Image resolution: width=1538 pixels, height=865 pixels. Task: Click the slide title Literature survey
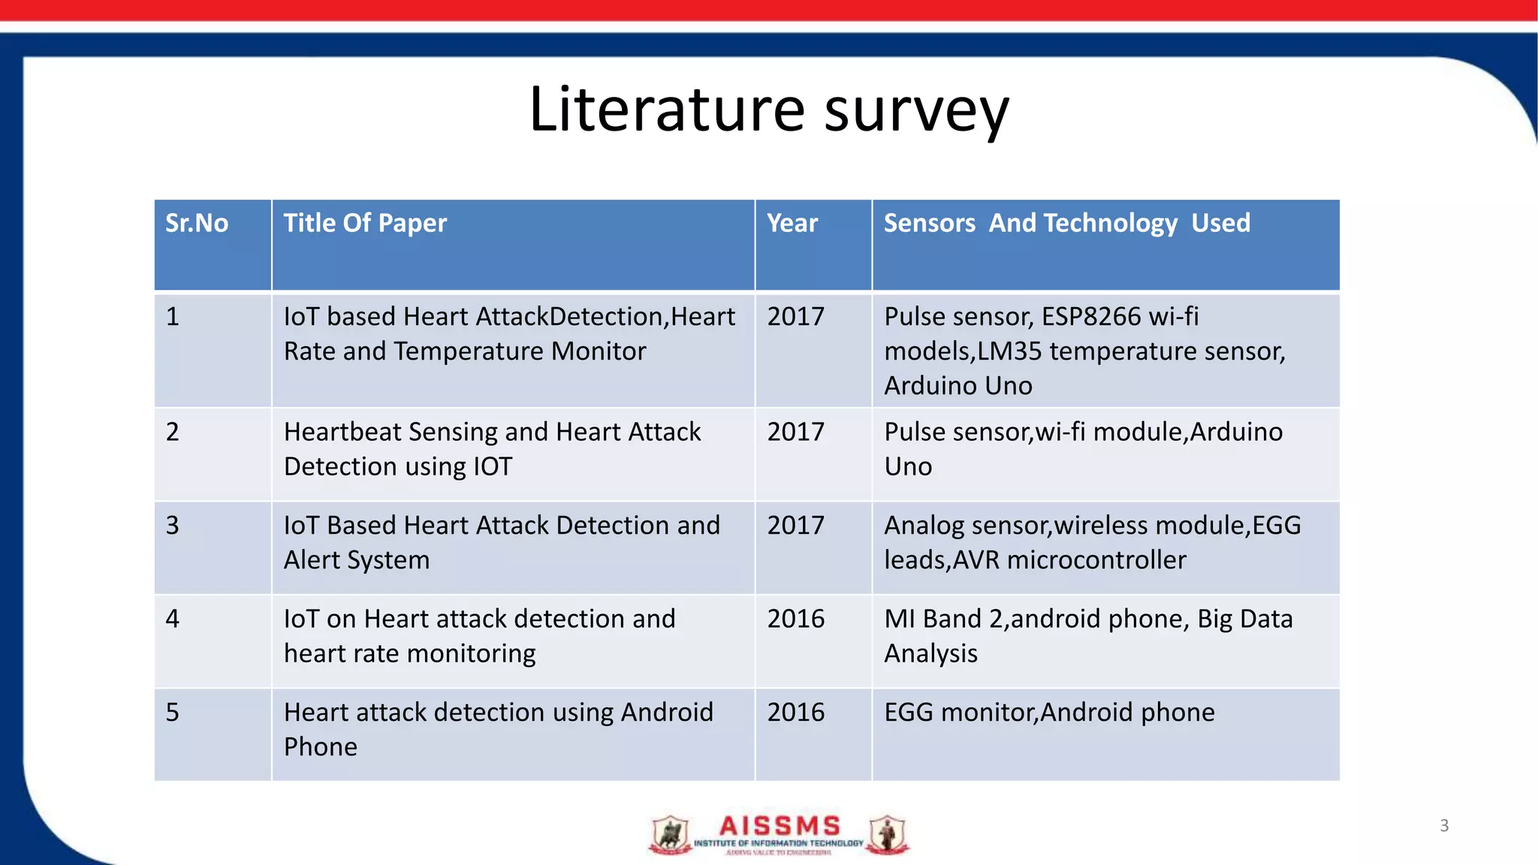click(769, 110)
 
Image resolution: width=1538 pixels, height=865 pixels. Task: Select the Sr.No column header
click(197, 223)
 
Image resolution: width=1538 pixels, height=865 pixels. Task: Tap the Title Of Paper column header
click(365, 223)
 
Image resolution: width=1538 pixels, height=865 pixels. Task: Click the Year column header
click(792, 223)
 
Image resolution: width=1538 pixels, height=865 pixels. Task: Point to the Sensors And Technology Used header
click(1066, 223)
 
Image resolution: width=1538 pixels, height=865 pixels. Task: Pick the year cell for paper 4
click(795, 619)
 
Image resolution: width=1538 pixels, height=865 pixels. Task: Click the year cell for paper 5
click(795, 712)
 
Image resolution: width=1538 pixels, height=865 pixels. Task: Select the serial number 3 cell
click(173, 525)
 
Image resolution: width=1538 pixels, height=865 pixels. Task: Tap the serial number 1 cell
click(173, 316)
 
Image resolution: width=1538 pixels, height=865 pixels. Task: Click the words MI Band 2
click(943, 619)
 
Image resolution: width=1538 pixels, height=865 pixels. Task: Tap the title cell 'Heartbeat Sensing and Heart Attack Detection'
click(492, 449)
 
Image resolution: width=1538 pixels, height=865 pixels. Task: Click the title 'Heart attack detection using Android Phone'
click(498, 729)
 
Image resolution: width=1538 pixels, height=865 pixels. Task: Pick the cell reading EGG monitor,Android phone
click(1049, 712)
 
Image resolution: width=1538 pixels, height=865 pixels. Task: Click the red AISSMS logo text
click(780, 826)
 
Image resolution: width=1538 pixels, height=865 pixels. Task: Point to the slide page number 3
click(1444, 825)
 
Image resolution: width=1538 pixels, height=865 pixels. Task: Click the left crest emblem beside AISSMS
click(670, 834)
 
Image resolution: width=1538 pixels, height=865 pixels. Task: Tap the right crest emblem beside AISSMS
click(888, 834)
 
